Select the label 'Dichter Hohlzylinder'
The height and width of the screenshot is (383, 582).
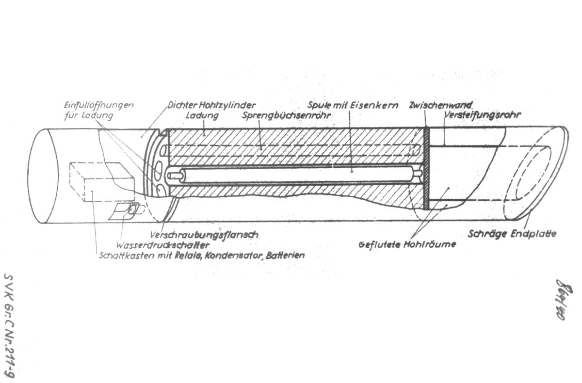tap(211, 105)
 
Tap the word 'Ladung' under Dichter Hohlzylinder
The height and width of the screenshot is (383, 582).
tap(203, 116)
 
